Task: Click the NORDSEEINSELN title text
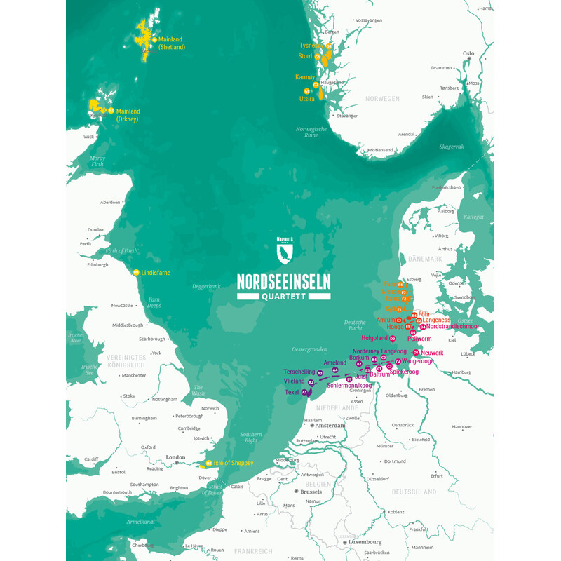(283, 282)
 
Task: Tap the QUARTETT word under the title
(283, 296)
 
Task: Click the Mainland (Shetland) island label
(171, 43)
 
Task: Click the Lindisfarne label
(155, 273)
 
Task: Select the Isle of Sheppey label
(233, 464)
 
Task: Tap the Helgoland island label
(374, 338)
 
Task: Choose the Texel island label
(292, 393)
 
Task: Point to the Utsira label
(307, 99)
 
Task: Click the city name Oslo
(468, 53)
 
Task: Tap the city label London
(176, 457)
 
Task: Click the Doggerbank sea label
(206, 286)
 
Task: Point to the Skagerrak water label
(452, 147)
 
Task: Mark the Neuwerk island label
(433, 353)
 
